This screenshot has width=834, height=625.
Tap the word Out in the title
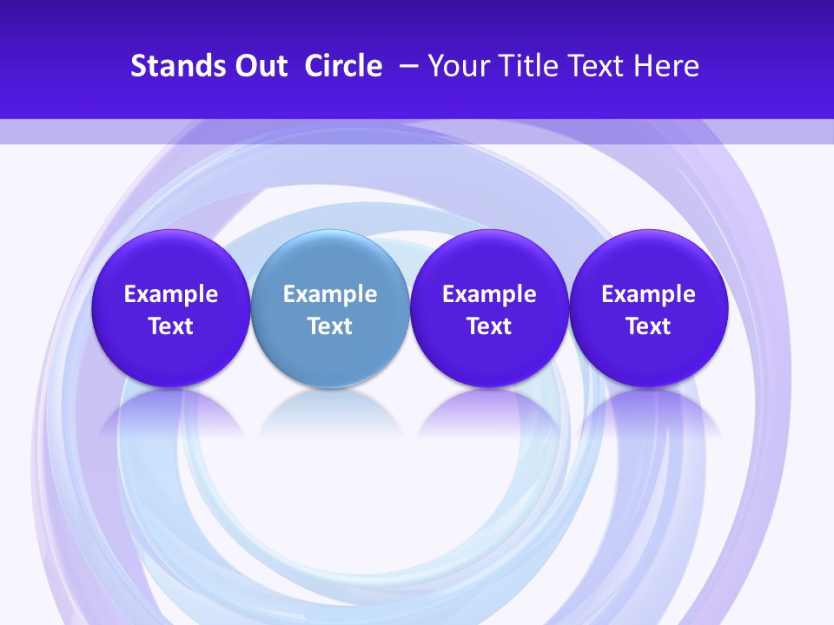pos(259,66)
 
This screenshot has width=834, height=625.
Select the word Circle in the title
pos(343,66)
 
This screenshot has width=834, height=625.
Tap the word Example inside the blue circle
pos(330,294)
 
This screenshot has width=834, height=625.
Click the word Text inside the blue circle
pos(330,326)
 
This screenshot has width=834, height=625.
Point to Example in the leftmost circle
pos(171,294)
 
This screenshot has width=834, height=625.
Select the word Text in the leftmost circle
pos(171,326)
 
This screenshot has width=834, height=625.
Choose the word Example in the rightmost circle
pos(649,294)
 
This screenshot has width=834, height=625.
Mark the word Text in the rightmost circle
pos(649,326)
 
